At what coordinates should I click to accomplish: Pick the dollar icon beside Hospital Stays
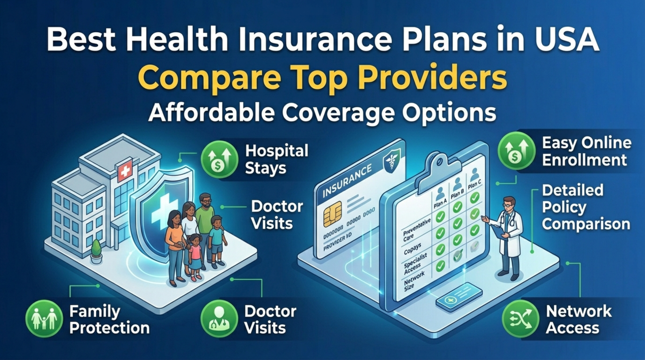pyautogui.click(x=219, y=159)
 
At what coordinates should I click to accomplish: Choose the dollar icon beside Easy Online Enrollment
pyautogui.click(x=516, y=151)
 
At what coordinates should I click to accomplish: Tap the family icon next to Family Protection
pyautogui.click(x=44, y=318)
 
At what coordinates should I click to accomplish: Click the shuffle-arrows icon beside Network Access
pyautogui.click(x=520, y=318)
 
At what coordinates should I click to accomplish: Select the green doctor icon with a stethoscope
pyautogui.click(x=219, y=318)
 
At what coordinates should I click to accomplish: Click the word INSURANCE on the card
pyautogui.click(x=347, y=180)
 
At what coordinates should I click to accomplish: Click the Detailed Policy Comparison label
pyautogui.click(x=585, y=207)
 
